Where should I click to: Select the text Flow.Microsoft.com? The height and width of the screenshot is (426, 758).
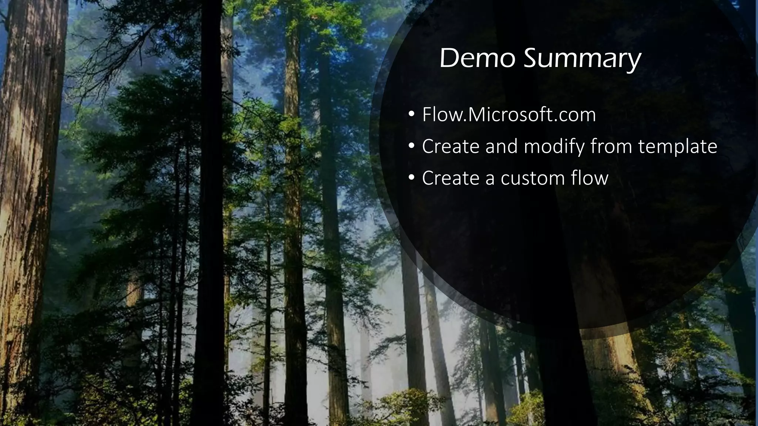[509, 115]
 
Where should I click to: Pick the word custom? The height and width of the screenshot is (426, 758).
[532, 178]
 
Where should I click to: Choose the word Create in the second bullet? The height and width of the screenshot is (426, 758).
[451, 146]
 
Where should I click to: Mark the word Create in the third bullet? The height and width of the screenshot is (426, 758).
[451, 178]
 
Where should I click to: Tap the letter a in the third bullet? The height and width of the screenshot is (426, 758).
[490, 179]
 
